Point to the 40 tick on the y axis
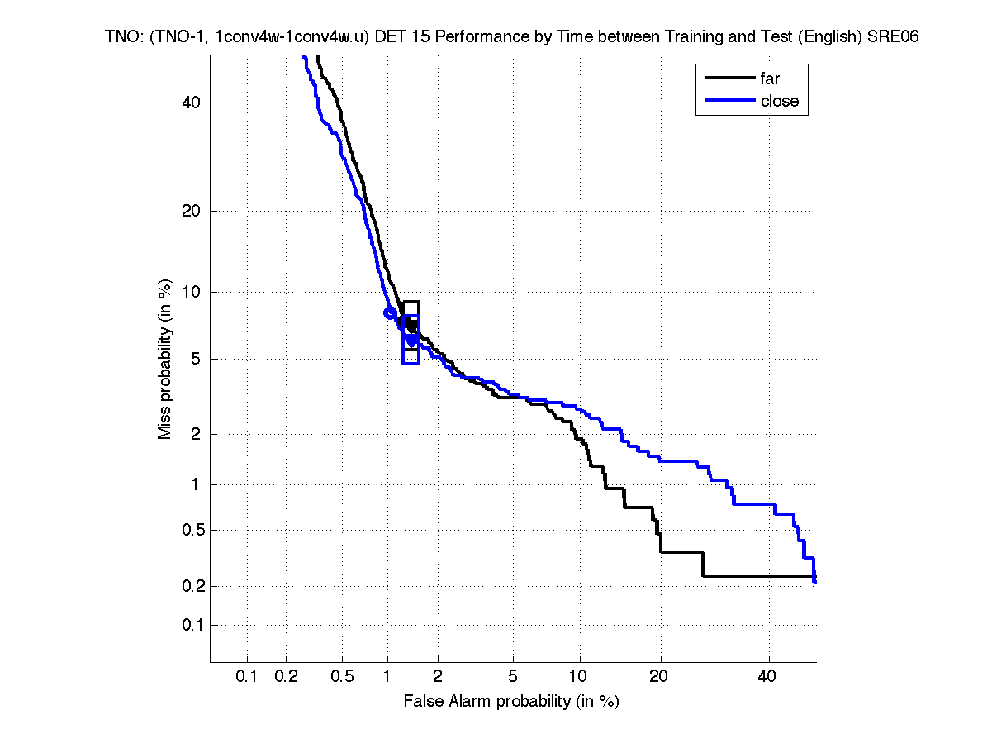[192, 103]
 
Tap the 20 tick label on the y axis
[192, 211]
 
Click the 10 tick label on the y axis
[192, 292]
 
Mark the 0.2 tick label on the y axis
[188, 586]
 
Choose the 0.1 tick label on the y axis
[188, 625]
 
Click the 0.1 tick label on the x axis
[247, 677]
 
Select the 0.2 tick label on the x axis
[286, 677]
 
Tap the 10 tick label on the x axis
[580, 677]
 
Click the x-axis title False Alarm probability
[510, 702]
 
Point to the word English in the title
[832, 37]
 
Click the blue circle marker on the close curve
[390, 312]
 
